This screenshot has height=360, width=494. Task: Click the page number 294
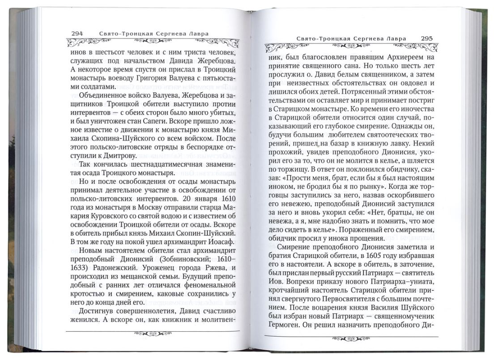point(77,33)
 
